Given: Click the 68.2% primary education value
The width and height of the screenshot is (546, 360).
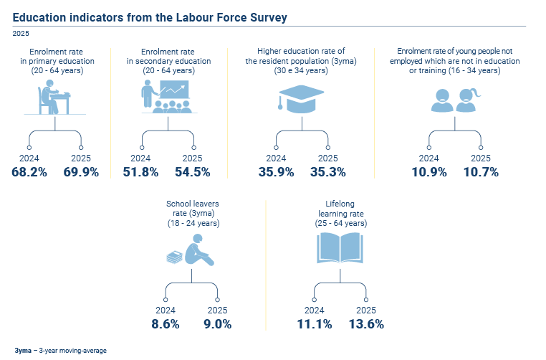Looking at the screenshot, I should (29, 172).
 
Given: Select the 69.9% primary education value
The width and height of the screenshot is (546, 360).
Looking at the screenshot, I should (81, 172).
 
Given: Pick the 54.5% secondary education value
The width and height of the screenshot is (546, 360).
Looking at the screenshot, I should (193, 172).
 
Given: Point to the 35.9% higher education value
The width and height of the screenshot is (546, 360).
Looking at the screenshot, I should (276, 172).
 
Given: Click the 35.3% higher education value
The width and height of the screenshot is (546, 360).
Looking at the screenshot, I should (328, 172).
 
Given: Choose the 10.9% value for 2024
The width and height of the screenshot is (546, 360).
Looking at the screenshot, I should (429, 172).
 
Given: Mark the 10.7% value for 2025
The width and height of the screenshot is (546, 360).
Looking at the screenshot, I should (481, 172).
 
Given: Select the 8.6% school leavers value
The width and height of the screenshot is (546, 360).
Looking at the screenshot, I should (166, 324).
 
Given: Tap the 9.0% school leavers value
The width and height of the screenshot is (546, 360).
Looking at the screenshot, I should (218, 324).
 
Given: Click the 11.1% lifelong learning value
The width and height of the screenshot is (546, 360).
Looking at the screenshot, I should (315, 324).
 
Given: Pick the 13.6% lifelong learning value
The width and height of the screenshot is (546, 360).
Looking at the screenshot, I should (366, 324).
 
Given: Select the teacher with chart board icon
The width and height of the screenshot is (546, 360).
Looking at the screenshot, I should (166, 95).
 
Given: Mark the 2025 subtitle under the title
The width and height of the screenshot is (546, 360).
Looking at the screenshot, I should (21, 33).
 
